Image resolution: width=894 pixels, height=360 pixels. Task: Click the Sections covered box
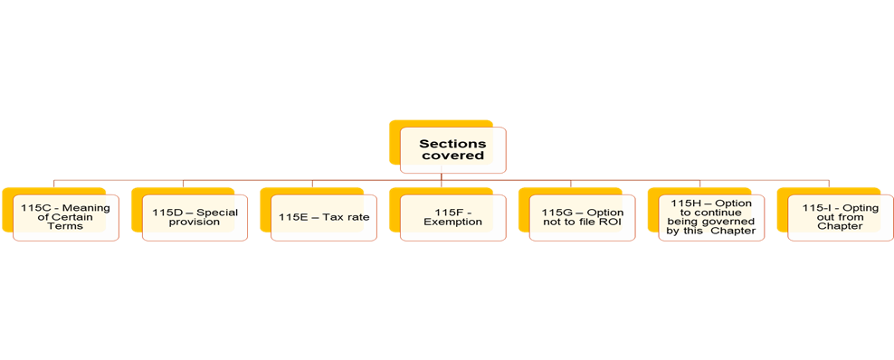pos(452,149)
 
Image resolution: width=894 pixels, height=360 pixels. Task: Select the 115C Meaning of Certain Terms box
pos(66,217)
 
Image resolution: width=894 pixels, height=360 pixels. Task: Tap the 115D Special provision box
pos(195,217)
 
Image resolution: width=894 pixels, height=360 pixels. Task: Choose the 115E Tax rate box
pos(324,217)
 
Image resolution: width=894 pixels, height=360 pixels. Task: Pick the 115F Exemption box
pos(452,217)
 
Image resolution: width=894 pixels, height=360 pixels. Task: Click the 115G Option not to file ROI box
pos(582,217)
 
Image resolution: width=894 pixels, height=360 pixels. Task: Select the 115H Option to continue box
pos(710,217)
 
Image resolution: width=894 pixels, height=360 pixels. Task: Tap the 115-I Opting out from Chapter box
pos(840,217)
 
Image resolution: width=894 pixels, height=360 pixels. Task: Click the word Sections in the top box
pos(452,143)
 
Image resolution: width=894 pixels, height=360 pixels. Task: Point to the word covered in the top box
pos(452,156)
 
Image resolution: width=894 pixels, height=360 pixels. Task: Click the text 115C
pos(37,208)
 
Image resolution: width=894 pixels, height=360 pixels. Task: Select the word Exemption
pos(452,223)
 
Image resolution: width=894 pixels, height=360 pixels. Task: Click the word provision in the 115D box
pos(195,223)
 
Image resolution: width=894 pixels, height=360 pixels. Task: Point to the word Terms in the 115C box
pos(66,226)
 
